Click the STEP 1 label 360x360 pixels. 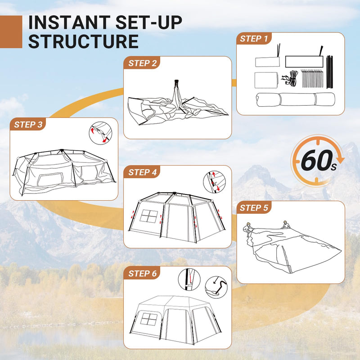click(254, 39)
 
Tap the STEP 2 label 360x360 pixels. click(142, 63)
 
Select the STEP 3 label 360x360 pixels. click(28, 125)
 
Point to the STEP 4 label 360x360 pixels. click(142, 172)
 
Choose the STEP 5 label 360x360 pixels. click(254, 208)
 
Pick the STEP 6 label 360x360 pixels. click(142, 273)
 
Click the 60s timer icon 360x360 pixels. click(318, 160)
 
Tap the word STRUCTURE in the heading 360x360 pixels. click(83, 41)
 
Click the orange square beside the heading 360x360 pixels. click(11, 31)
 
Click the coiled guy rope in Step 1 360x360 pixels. click(290, 79)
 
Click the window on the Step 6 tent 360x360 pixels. click(149, 319)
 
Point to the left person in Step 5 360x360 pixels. click(249, 227)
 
